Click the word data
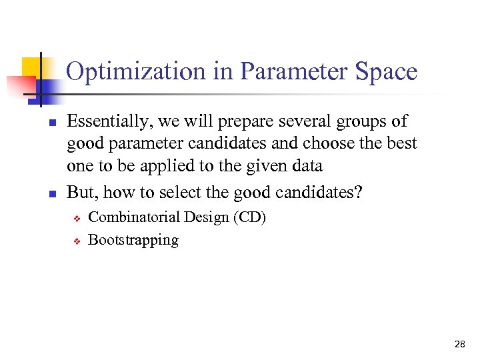(306, 165)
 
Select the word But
(80, 193)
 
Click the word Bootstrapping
(133, 240)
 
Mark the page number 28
(459, 345)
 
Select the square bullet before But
(51, 194)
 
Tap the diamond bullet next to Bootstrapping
(77, 241)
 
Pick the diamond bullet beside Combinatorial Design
(77, 218)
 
